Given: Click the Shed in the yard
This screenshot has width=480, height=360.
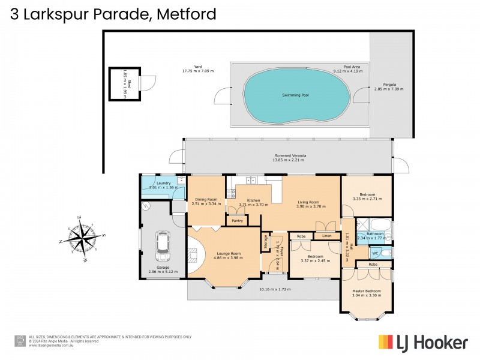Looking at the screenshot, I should click(120, 84).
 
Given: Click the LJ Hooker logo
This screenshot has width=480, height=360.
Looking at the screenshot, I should click(422, 343).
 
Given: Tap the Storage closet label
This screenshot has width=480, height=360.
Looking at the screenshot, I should click(266, 242).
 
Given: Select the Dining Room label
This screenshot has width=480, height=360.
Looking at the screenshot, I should click(207, 199).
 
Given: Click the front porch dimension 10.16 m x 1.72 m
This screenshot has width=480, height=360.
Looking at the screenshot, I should click(275, 289).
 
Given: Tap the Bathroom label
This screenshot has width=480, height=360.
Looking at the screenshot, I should click(375, 233).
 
